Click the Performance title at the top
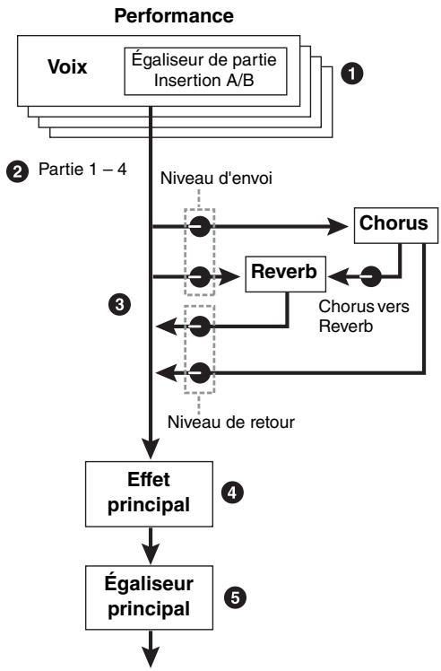point(174,16)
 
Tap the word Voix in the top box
point(67,66)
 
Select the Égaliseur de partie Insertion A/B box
point(205,71)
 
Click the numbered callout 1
point(351,74)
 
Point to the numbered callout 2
point(18,171)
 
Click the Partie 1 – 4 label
point(82,169)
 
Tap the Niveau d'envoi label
point(216,178)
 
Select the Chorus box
point(396,225)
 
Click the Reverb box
point(285,274)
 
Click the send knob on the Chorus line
point(199,226)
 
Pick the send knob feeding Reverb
point(199,277)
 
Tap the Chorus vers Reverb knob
point(370,277)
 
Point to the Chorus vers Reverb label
point(364,317)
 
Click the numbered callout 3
point(119,304)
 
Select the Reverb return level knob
point(199,327)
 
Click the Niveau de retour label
point(231,423)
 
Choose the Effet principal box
point(149,494)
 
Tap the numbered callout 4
point(232,493)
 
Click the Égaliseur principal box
point(149,597)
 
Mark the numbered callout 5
point(235,597)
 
